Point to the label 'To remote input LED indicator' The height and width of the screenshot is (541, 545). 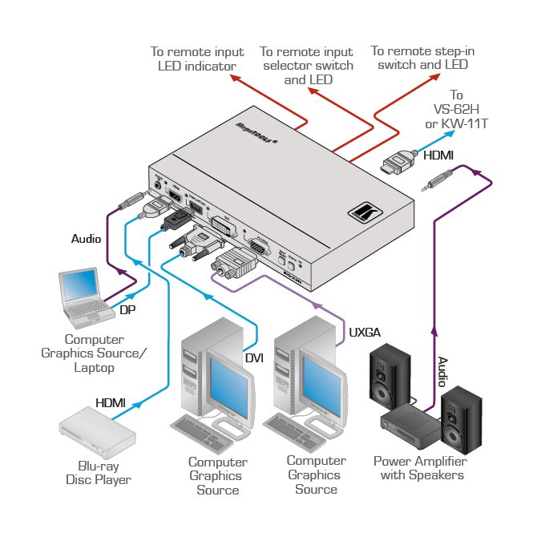196,59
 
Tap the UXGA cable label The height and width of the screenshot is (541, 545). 365,331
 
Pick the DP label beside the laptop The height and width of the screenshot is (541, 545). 127,309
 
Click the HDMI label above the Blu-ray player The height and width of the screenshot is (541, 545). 111,402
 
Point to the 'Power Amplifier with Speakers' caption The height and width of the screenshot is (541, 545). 420,468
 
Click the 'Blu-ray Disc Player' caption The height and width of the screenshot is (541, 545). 98,473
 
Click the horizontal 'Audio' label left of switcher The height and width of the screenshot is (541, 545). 87,239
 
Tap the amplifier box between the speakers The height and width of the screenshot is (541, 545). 410,424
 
